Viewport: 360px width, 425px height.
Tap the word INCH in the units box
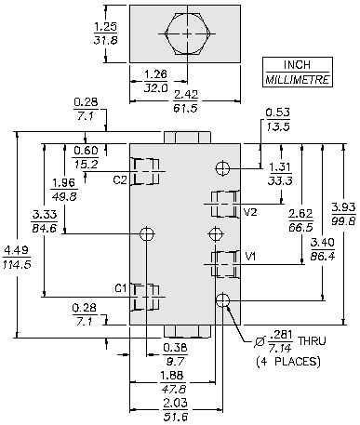pos(297,65)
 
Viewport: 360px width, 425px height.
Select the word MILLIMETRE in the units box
pos(297,80)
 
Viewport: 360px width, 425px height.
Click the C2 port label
pos(120,179)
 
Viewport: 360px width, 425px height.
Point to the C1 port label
pos(121,288)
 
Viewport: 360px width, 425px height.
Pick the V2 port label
pos(250,212)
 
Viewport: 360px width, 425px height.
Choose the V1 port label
pos(250,257)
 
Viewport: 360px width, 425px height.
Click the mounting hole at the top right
pos(222,168)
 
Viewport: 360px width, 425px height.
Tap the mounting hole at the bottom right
pos(222,299)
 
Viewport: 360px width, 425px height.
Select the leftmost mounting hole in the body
pos(147,233)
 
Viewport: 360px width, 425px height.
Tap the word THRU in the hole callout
pos(312,341)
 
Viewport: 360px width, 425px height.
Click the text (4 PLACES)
pos(288,362)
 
